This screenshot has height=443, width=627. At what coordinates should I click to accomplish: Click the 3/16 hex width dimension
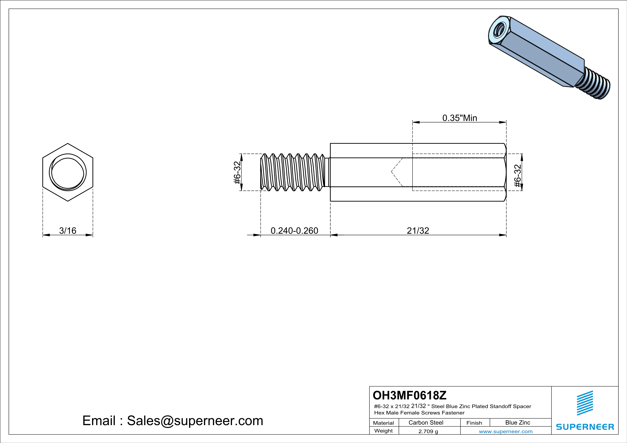coord(68,231)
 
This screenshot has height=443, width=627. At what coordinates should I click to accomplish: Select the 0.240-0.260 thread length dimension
coord(294,231)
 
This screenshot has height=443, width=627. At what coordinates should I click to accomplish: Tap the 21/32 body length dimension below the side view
coord(418,231)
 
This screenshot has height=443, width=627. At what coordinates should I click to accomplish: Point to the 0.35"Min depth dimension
coord(460,118)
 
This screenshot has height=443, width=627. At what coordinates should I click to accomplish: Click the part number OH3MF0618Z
coord(409,395)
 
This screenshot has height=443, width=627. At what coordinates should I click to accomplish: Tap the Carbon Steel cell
coord(426,422)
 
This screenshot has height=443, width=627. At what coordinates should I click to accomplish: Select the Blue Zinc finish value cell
coord(517,422)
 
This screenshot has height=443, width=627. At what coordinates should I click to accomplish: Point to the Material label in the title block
coord(383,423)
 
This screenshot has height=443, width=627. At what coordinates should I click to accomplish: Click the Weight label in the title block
coord(383,431)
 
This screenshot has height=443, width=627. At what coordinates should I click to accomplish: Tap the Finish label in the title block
coord(474,423)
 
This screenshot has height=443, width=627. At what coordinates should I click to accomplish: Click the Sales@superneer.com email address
coord(195,421)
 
